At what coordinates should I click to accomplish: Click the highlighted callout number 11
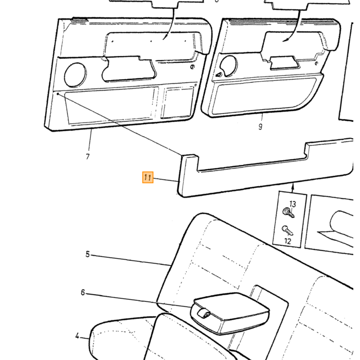click(x=148, y=177)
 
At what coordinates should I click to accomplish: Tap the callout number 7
click(x=88, y=156)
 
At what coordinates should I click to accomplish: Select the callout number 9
click(x=260, y=127)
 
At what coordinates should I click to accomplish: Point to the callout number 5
click(x=87, y=254)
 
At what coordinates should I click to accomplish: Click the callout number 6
click(x=83, y=292)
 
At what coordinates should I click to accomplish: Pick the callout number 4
click(x=77, y=336)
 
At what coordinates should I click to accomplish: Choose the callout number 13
click(x=293, y=204)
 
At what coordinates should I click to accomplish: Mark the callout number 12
click(x=287, y=241)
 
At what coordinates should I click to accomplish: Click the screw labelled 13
click(x=289, y=212)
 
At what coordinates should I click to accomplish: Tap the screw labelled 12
click(x=287, y=230)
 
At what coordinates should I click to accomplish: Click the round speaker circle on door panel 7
click(x=75, y=75)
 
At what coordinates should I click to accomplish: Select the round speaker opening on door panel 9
click(x=228, y=65)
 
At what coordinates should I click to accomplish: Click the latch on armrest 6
click(x=204, y=314)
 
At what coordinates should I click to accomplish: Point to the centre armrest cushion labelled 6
click(x=230, y=313)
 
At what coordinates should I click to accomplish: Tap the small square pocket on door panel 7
click(x=177, y=102)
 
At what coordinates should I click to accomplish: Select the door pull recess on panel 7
click(x=129, y=69)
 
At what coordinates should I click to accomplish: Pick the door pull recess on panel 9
click(x=285, y=62)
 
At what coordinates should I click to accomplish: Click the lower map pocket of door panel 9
click(x=263, y=95)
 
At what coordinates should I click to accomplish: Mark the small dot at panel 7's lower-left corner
click(x=58, y=94)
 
